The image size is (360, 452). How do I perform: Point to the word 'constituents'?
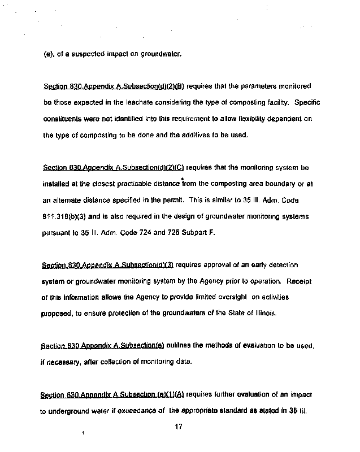(x=63, y=119)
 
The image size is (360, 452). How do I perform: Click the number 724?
(x=167, y=232)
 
